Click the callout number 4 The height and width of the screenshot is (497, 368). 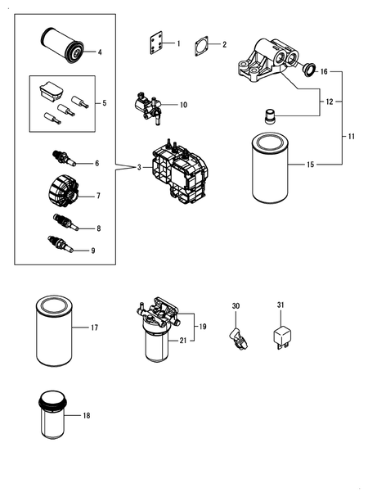click(100, 52)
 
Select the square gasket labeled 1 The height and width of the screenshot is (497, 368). click(156, 43)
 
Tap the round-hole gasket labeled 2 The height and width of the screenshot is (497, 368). click(201, 47)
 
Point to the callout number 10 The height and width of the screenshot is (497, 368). click(183, 105)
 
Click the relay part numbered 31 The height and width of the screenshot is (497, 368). click(282, 337)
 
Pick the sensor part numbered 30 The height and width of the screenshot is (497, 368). click(238, 339)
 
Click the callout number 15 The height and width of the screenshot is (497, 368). click(310, 165)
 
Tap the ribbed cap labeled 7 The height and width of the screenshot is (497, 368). click(63, 191)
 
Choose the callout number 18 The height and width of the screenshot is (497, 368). click(87, 415)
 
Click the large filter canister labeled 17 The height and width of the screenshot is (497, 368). click(55, 331)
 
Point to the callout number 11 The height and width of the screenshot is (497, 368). click(351, 137)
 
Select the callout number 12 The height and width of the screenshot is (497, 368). click(330, 102)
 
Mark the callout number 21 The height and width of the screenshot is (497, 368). click(183, 341)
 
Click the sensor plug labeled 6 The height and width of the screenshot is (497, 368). click(63, 158)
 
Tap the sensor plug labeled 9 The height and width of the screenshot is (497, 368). click(61, 244)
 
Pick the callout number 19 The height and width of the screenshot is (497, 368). click(203, 327)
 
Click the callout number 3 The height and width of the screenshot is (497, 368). click(139, 167)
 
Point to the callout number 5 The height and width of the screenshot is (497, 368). click(105, 103)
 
